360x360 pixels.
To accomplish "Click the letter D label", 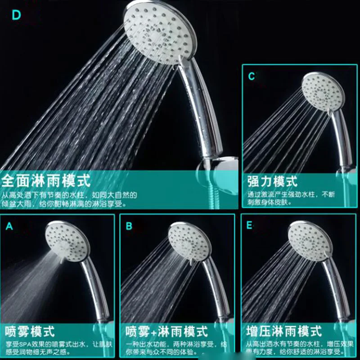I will coord(17,15).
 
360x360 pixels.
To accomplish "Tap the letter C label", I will coord(251,76).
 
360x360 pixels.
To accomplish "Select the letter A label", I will coord(9,226).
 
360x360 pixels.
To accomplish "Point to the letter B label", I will coord(129,226).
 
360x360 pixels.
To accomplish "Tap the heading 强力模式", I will coord(272,181).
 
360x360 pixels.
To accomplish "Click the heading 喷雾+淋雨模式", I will coord(166,332).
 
